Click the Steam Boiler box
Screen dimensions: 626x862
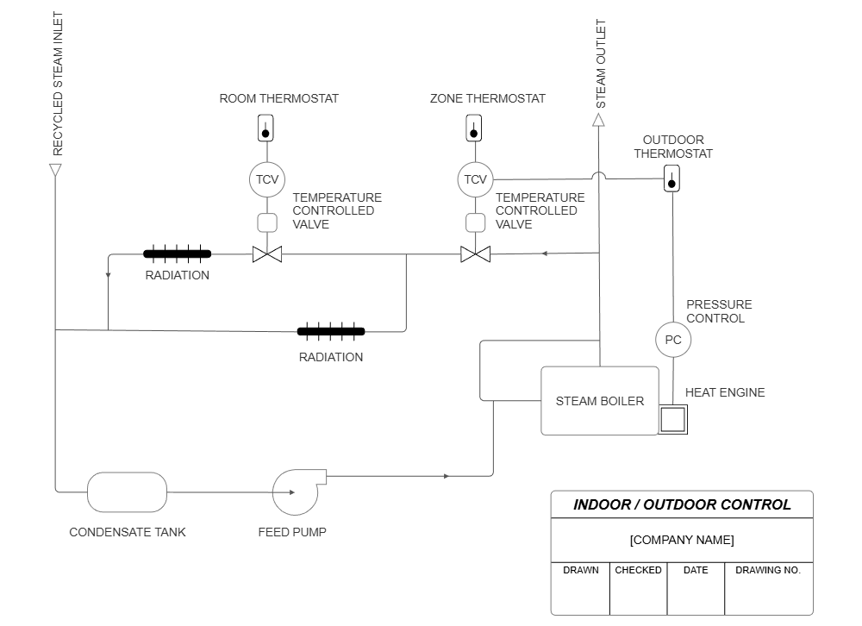pyautogui.click(x=599, y=401)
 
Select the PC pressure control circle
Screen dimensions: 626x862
pyautogui.click(x=673, y=340)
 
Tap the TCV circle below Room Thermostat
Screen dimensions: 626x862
pyautogui.click(x=267, y=179)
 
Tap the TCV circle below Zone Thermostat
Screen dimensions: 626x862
pyautogui.click(x=474, y=179)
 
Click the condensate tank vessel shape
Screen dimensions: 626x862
pyautogui.click(x=127, y=492)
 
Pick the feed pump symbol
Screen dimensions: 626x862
pyautogui.click(x=296, y=491)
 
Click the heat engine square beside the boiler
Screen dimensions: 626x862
pyautogui.click(x=672, y=419)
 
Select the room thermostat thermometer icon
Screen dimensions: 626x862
pyautogui.click(x=266, y=129)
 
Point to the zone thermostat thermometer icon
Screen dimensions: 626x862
pyautogui.click(x=473, y=129)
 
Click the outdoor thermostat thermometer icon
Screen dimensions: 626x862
pyautogui.click(x=672, y=179)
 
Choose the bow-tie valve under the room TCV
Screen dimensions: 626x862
pyautogui.click(x=267, y=254)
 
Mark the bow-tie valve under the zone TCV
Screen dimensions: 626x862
pyautogui.click(x=475, y=254)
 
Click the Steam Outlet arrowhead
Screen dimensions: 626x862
pyautogui.click(x=599, y=120)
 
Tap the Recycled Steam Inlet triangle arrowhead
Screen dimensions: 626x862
pyautogui.click(x=55, y=169)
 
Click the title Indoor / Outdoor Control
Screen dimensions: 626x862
pyautogui.click(x=682, y=504)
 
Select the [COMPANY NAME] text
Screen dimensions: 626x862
pyautogui.click(x=682, y=540)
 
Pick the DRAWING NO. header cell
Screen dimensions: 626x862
pyautogui.click(x=767, y=570)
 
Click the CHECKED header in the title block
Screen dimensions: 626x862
pyautogui.click(x=638, y=570)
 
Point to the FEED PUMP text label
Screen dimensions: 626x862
pyautogui.click(x=292, y=532)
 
